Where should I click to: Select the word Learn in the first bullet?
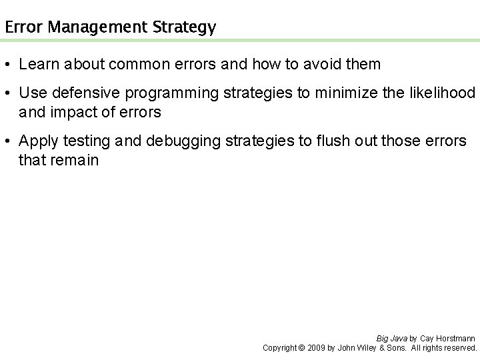coord(37,65)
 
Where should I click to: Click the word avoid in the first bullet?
coord(323,65)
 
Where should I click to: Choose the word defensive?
coord(82,93)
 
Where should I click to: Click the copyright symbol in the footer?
coord(301,348)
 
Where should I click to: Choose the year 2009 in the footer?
coord(316,348)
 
